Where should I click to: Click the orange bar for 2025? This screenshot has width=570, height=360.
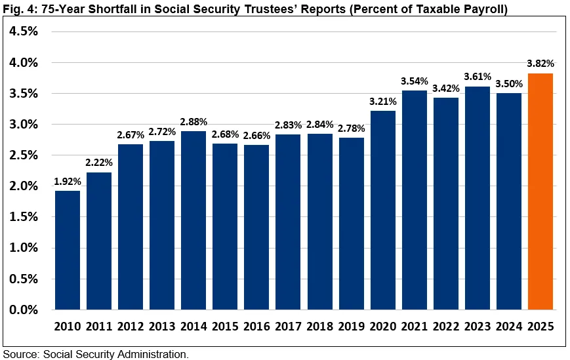[x=540, y=191]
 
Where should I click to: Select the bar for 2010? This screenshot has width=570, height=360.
[x=68, y=250]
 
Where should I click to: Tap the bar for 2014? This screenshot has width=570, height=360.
[x=193, y=220]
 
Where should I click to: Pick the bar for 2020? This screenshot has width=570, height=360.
[x=383, y=210]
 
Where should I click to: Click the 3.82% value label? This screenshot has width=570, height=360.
[x=540, y=64]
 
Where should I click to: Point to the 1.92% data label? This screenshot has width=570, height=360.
[x=68, y=181]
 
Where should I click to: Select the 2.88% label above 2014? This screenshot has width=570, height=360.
[x=193, y=121]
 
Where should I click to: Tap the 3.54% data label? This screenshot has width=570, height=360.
[x=415, y=81]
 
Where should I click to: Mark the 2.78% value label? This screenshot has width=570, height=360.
[x=352, y=128]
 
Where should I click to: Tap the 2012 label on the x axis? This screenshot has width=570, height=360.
[x=131, y=326]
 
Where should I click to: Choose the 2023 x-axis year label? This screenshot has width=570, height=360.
[x=478, y=326]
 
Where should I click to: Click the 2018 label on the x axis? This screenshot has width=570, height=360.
[x=320, y=326]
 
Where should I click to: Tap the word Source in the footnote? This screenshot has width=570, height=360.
[x=20, y=354]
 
